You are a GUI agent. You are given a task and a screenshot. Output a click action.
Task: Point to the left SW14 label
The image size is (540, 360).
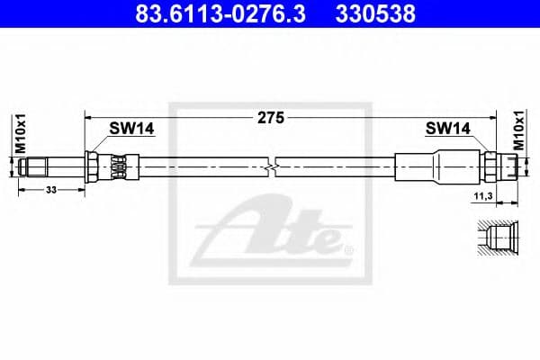coord(131,129)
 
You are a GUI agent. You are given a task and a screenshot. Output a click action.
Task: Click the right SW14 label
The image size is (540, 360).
coord(447,129)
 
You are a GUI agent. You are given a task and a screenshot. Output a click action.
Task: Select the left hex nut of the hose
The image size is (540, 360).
coord(94,166)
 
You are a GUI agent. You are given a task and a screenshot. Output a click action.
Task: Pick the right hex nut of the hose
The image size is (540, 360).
coord(490,166)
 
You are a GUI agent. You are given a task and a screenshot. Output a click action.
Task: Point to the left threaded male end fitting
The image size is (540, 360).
coord(40,166)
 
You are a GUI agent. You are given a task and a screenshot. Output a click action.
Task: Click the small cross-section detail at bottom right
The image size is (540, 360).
coord(496,238)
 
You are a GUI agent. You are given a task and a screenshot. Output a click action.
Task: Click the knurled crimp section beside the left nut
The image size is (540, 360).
coord(117,166)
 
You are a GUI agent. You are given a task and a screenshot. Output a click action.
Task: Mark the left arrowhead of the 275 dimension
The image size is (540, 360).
coord(88,117)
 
